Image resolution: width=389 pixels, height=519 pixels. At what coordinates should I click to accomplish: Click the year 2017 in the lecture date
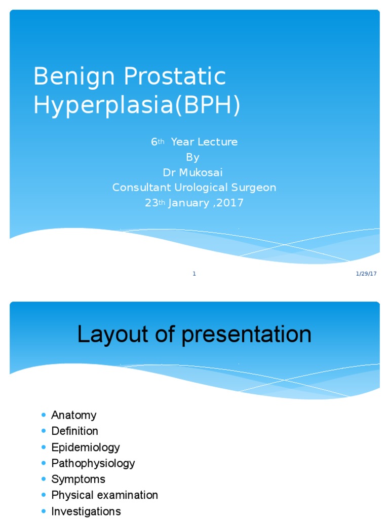(x=231, y=203)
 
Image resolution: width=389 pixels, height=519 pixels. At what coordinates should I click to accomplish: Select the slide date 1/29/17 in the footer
(x=366, y=274)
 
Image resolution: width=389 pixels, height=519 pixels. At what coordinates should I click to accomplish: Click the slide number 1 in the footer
(x=194, y=274)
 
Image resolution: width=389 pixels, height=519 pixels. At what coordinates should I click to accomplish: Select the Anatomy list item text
(x=73, y=415)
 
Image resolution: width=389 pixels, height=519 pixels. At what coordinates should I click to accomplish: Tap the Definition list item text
(x=74, y=431)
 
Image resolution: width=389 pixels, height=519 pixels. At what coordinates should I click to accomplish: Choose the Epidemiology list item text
(x=85, y=447)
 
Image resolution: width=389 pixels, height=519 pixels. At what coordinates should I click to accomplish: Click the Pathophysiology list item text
(x=93, y=463)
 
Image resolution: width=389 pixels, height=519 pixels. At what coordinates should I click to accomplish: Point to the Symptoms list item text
(x=78, y=479)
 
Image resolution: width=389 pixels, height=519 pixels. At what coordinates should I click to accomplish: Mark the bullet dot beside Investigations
(x=44, y=511)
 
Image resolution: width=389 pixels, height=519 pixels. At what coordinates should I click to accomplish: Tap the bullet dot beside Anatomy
(x=44, y=415)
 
